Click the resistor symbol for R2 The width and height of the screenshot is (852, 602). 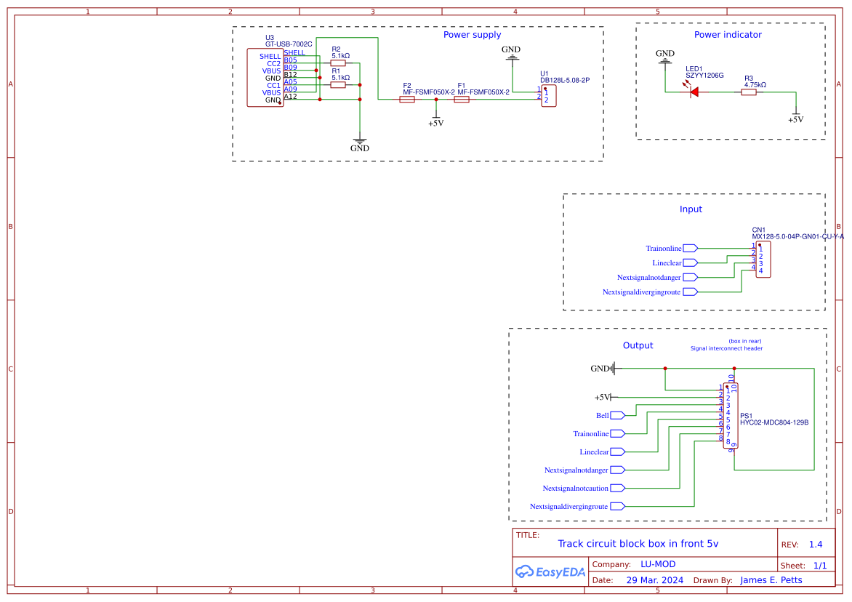338,63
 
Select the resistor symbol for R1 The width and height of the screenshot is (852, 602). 338,85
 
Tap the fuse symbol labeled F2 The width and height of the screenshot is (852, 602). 407,100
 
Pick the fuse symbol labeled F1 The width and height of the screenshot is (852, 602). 462,100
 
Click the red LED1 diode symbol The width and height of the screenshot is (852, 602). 693,92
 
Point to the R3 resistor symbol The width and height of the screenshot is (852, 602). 749,92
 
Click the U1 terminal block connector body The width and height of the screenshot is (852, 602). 549,97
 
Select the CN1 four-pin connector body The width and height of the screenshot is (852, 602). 763,260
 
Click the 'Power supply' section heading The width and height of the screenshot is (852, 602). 472,35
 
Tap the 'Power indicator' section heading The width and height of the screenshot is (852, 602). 728,35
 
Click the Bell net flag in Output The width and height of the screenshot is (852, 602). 617,415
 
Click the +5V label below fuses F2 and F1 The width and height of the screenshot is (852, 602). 435,124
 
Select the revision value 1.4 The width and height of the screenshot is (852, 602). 815,545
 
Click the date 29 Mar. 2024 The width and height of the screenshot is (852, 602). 654,580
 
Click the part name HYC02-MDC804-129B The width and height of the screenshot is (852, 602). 774,422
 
